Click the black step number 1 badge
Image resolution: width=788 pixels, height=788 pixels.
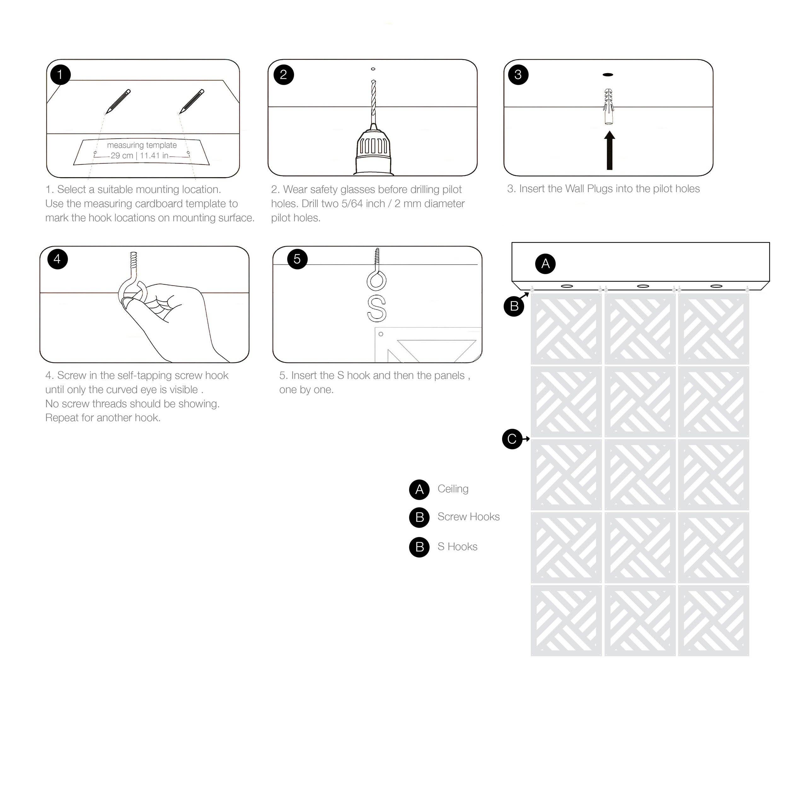tap(61, 75)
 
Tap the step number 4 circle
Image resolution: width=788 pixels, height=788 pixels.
tap(57, 259)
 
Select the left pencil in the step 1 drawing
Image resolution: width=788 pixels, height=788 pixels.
tap(118, 101)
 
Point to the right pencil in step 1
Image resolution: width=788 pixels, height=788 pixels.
tap(191, 101)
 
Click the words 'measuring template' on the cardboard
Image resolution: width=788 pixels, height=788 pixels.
tap(142, 145)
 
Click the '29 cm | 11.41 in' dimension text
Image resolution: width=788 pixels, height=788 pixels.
tap(140, 155)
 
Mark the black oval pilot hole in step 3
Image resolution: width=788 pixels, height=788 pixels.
tap(608, 75)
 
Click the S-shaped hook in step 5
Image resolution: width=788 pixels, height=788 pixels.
tap(376, 308)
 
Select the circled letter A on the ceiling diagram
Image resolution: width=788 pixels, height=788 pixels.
tap(545, 264)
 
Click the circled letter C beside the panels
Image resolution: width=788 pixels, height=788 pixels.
tap(512, 439)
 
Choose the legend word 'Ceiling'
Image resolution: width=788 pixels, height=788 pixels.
tap(453, 489)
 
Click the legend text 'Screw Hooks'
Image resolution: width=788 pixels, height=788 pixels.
tap(469, 517)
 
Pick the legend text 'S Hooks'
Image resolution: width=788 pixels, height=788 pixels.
tap(457, 547)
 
